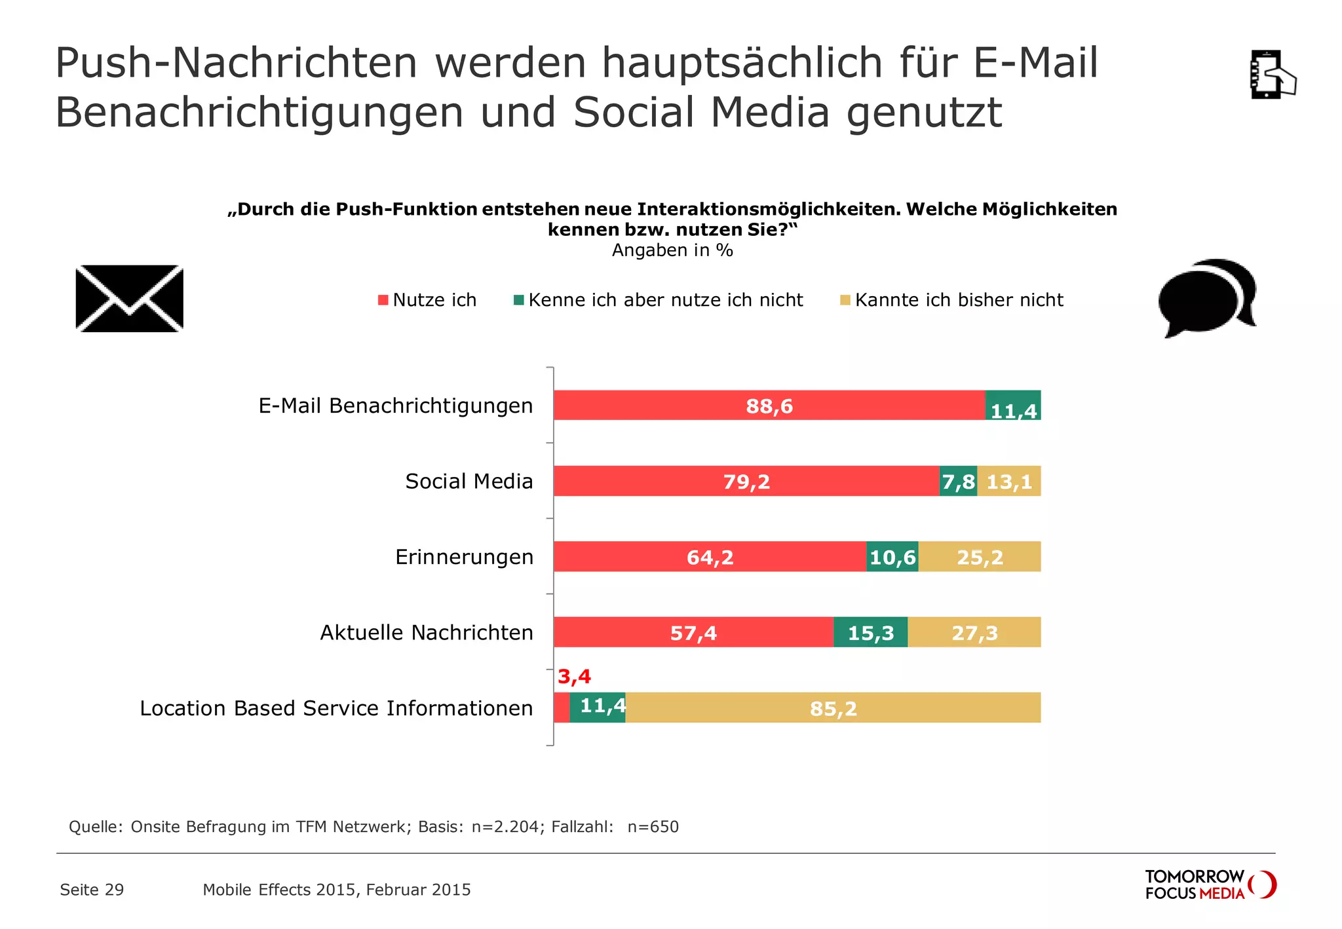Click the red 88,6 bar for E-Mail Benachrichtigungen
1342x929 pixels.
(769, 406)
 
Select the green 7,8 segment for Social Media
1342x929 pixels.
(958, 482)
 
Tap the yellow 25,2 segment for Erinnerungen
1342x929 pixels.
(979, 557)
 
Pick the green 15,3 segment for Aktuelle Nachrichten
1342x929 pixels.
(870, 632)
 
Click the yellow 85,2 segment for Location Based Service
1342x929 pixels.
(832, 708)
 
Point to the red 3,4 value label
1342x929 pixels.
(574, 676)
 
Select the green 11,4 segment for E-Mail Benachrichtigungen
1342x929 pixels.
(1013, 406)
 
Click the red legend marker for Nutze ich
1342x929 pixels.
(383, 300)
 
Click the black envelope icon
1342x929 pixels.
(130, 299)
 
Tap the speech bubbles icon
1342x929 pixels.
(1207, 298)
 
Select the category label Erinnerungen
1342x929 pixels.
(464, 557)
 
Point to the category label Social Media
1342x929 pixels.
(469, 482)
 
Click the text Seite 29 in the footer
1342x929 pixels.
(92, 890)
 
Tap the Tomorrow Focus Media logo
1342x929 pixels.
(1210, 884)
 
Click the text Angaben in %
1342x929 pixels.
(672, 250)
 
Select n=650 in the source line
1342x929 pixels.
(653, 827)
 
